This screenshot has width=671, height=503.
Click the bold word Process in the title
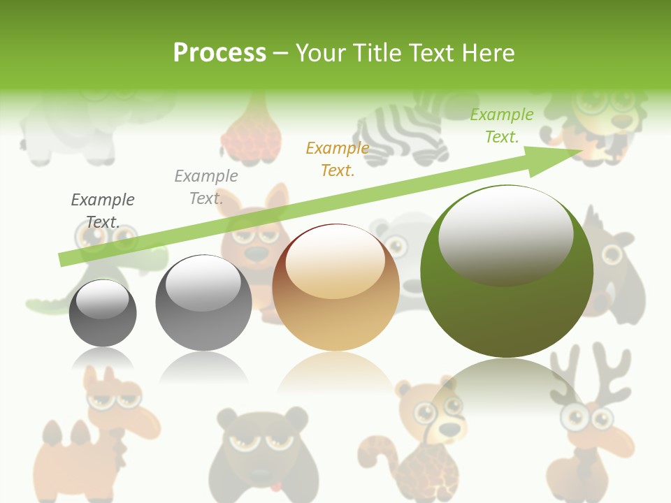219,53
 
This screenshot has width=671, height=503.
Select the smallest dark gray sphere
103,313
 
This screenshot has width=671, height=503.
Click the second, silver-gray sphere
203,302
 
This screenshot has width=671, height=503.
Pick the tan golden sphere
335,287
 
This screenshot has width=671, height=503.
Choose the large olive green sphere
507,272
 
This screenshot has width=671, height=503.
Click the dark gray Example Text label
103,211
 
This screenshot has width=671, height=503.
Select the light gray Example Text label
205,187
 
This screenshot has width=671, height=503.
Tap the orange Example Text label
338,159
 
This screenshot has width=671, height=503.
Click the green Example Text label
502,126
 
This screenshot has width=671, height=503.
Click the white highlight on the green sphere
505,234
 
